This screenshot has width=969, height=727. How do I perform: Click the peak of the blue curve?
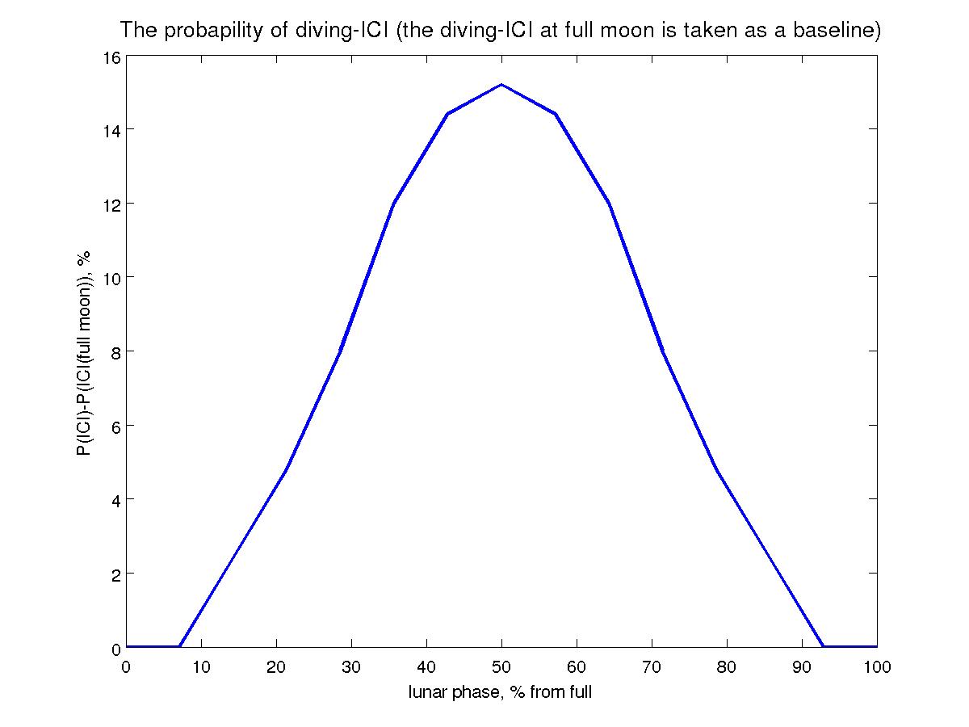coord(501,84)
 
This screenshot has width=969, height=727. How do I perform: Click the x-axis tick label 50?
coord(501,666)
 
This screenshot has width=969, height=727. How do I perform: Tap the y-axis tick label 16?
coord(110,57)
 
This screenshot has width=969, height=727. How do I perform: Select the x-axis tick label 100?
coord(877,666)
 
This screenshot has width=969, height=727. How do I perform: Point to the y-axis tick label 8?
coord(114,352)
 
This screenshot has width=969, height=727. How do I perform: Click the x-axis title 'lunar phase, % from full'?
coord(501,692)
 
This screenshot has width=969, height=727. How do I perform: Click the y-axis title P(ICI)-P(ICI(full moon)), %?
coord(84,352)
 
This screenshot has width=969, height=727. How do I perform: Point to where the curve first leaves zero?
coord(179,646)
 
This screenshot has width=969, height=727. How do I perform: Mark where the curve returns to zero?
coord(823,646)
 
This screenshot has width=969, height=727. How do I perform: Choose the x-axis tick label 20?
coord(276,666)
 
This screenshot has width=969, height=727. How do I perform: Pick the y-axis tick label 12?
coord(110,204)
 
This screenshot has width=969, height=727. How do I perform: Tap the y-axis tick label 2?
coord(114,574)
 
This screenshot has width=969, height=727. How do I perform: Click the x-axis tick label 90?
coord(802,666)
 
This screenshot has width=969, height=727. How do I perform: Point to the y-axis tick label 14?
coord(110,130)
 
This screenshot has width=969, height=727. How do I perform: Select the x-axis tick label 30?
coord(351,666)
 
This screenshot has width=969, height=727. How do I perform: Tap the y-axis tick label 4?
coord(114,500)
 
